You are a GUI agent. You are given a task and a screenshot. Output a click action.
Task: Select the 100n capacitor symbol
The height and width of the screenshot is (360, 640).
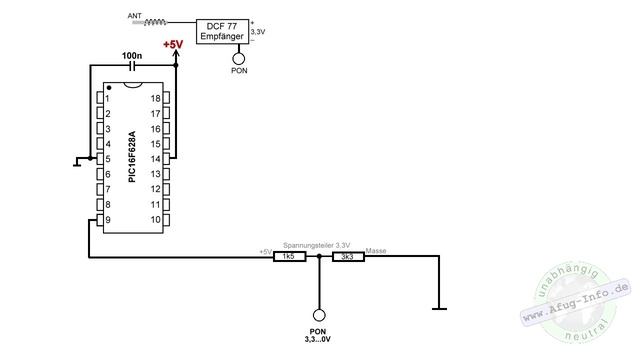point(132,66)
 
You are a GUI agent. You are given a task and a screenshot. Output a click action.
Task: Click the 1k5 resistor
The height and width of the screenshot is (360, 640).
point(287,257)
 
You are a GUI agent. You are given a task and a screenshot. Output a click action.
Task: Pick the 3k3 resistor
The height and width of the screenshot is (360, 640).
point(348,257)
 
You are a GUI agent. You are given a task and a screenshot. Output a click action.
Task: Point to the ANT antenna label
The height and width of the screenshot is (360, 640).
point(135,17)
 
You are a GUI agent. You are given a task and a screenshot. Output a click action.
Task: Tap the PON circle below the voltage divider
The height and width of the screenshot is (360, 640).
point(318,313)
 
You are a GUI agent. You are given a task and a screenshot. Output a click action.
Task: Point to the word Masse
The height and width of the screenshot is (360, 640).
point(376,250)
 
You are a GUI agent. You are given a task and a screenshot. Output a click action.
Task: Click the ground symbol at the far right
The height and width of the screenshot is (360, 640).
point(438,307)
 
